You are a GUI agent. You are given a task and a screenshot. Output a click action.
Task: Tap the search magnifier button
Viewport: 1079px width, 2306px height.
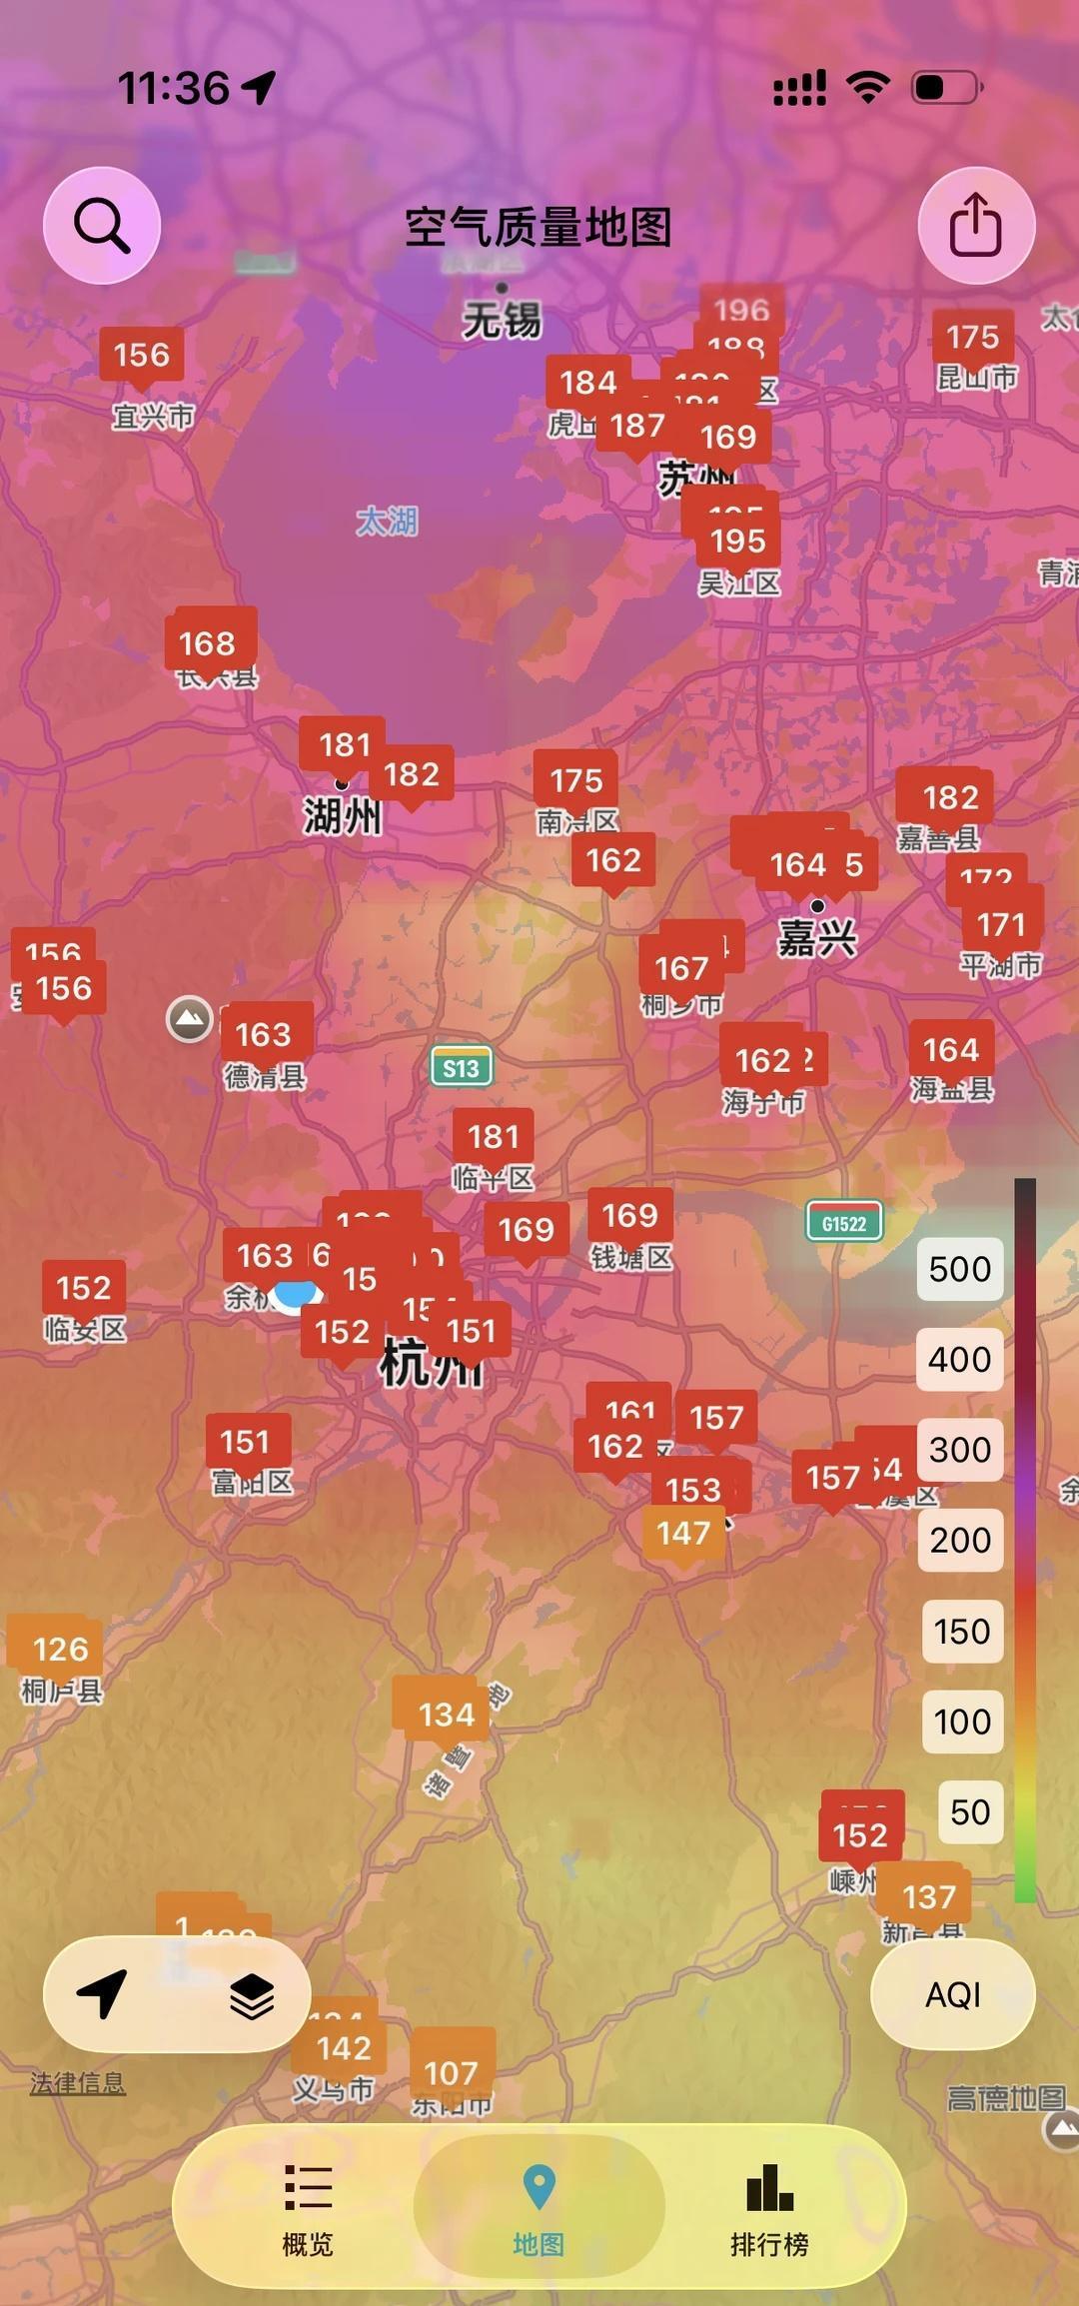click(x=101, y=226)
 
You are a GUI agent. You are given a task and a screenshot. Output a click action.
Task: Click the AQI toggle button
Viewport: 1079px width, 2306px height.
click(x=952, y=1994)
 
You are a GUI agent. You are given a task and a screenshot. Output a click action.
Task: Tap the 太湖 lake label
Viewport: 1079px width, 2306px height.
click(x=387, y=521)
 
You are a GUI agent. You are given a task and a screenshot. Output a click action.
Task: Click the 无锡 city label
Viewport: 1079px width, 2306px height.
click(x=502, y=320)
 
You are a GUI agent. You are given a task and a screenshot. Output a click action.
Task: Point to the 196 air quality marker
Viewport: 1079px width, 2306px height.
click(x=741, y=310)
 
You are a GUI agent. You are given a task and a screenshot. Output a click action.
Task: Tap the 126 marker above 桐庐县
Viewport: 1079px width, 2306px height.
click(x=60, y=1649)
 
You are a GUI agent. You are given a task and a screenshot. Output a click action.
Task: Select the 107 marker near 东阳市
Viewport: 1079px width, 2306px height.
click(x=452, y=2072)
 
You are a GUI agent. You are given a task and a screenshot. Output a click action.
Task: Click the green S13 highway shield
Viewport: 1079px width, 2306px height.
click(x=461, y=1067)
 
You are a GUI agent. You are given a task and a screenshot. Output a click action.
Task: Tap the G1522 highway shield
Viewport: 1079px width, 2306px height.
click(x=844, y=1223)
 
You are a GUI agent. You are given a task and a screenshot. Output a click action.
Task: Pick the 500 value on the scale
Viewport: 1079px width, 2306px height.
click(x=959, y=1269)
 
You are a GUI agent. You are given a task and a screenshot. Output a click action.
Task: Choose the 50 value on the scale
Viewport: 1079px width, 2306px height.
click(x=969, y=1811)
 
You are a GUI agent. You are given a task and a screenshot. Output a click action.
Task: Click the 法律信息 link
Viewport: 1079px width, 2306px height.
click(x=78, y=2083)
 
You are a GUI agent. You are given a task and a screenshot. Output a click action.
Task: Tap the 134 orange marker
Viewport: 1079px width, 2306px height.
click(x=446, y=1715)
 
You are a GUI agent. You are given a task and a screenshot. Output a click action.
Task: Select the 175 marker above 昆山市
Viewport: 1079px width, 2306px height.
click(x=972, y=337)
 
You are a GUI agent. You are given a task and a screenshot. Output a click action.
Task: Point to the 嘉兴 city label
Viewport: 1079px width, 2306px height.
click(x=817, y=938)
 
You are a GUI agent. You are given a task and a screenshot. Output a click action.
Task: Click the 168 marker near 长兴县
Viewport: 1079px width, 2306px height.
click(x=207, y=643)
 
